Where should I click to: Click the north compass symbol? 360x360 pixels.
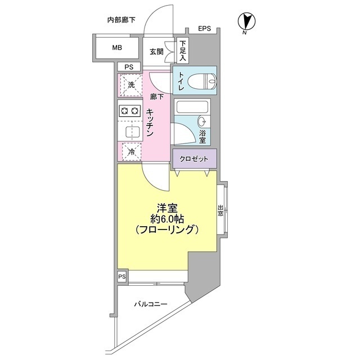[245, 23]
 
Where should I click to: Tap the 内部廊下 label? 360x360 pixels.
[121, 21]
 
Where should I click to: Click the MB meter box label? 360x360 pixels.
[116, 48]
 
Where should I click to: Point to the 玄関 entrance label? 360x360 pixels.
[156, 52]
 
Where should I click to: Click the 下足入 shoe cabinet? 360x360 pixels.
[183, 51]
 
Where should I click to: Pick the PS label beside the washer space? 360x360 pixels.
[129, 67]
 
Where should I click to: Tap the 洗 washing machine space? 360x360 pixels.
[132, 85]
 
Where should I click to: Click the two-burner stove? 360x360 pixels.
[129, 111]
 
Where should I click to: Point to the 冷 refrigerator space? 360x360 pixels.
[132, 151]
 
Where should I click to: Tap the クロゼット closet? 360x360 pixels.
[194, 159]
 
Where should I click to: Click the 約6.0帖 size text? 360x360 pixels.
[168, 218]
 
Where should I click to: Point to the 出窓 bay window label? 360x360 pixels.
[220, 211]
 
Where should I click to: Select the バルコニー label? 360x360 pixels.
[150, 304]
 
